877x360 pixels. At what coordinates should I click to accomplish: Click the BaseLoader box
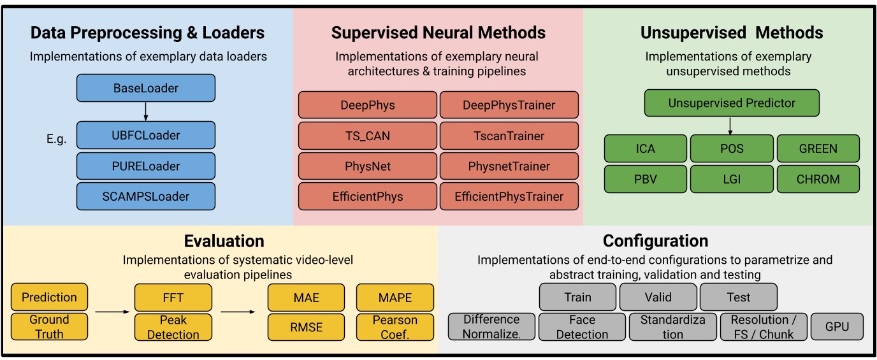146,88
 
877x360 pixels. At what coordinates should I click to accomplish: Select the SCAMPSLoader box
146,196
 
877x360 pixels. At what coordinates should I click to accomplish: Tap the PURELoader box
146,166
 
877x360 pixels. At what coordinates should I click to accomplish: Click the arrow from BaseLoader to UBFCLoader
146,112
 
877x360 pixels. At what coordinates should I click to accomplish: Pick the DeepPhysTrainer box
509,105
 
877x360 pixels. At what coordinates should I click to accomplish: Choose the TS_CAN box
368,136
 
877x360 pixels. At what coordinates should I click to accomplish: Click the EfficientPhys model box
368,196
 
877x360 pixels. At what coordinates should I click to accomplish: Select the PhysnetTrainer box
509,166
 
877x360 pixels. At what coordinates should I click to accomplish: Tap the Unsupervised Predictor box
732,103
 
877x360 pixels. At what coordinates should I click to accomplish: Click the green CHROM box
818,179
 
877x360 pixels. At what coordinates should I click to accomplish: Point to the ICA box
646,148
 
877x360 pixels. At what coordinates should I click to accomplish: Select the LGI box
732,179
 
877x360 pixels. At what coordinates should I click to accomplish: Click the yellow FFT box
173,298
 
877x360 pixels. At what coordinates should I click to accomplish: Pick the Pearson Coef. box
395,327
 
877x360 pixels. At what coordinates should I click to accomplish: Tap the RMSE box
306,327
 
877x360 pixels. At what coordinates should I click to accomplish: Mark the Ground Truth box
50,327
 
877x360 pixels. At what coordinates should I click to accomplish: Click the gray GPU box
837,326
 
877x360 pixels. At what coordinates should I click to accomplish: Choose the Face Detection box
581,327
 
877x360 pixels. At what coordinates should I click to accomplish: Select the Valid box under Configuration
658,297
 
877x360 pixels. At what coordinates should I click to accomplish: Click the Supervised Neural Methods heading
438,32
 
